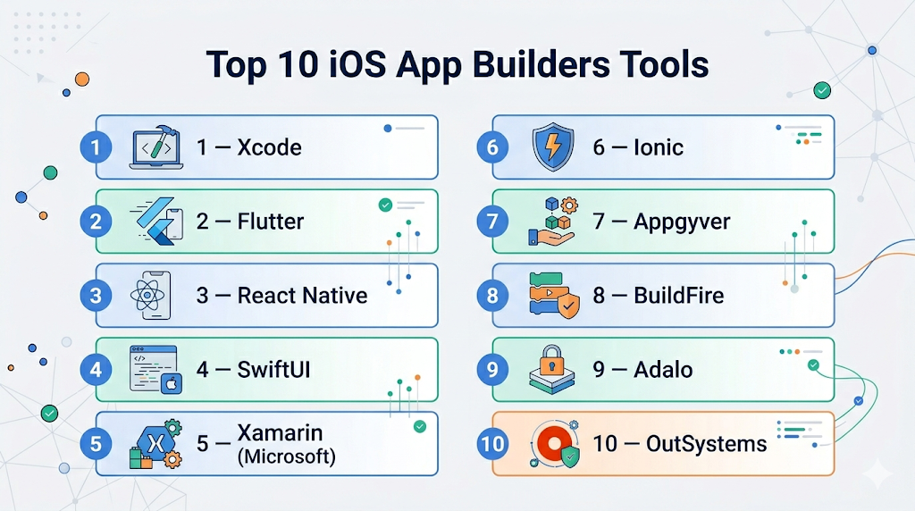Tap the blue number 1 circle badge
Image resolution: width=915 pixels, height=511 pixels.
click(x=96, y=147)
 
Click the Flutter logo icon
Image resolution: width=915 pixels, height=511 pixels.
click(x=156, y=221)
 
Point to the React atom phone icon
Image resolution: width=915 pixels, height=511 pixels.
click(x=151, y=295)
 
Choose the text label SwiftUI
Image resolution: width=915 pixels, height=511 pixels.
click(x=273, y=370)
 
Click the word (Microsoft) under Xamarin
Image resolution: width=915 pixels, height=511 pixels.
click(x=287, y=457)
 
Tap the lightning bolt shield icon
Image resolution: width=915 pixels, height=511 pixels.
click(x=552, y=147)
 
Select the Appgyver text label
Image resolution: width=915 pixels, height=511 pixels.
click(x=682, y=222)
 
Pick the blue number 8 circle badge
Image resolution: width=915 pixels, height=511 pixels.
click(x=492, y=295)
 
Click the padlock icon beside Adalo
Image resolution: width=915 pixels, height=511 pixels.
click(x=552, y=370)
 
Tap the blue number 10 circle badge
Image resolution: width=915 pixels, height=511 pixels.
click(x=492, y=444)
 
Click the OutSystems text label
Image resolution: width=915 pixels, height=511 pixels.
click(x=706, y=444)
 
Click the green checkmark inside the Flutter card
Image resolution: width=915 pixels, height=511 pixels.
click(x=385, y=205)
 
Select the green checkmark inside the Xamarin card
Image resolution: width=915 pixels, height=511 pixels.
click(x=420, y=426)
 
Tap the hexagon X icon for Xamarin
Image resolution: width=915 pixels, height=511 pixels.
click(x=155, y=444)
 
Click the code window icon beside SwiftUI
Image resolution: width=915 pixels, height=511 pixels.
click(x=155, y=370)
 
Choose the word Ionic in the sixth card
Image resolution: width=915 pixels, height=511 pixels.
click(x=659, y=147)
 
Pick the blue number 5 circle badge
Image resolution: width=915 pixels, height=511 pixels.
click(x=96, y=444)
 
